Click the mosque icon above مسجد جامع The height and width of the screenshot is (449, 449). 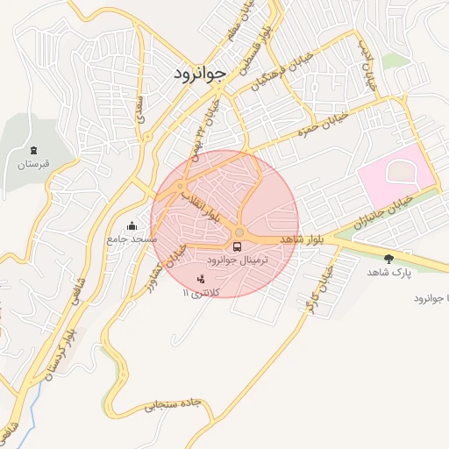pos(132,225)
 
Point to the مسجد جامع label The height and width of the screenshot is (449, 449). pos(132,238)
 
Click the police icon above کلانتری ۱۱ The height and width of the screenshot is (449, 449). pos(203,279)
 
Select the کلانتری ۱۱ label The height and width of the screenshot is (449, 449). pos(203,291)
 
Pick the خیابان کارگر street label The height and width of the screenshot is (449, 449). pos(316,290)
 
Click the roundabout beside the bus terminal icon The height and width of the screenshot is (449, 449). pos(239,232)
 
